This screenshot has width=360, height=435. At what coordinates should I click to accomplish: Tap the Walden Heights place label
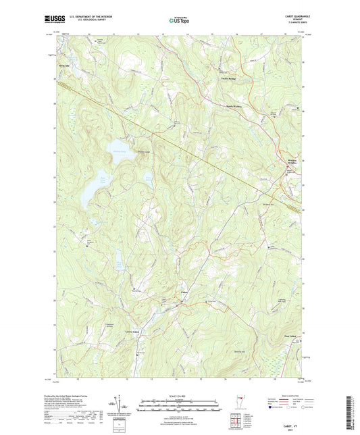pyautogui.click(x=288, y=161)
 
